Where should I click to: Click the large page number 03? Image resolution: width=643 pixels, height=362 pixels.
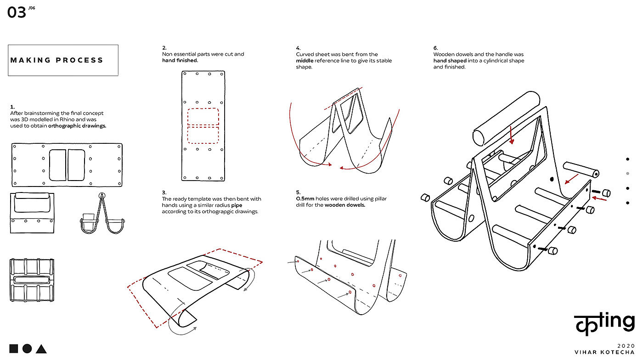click(17, 12)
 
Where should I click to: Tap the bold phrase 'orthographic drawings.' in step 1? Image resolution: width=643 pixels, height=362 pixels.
click(77, 126)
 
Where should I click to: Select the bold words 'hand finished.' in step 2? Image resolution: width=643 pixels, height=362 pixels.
click(180, 60)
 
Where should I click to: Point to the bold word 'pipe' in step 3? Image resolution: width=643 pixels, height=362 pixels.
click(237, 205)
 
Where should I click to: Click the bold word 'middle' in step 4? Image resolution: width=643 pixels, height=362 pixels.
click(305, 61)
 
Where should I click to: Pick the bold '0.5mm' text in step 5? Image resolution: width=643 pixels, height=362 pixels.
click(305, 198)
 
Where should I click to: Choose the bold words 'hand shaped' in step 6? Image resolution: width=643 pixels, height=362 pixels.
click(450, 61)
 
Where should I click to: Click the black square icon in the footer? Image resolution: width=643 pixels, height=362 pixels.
click(13, 349)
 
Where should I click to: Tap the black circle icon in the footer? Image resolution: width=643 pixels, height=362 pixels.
click(27, 349)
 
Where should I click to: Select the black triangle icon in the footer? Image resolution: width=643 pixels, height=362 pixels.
click(41, 349)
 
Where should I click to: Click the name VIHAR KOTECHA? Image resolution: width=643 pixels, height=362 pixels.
click(604, 352)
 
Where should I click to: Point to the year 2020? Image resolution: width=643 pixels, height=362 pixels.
click(626, 346)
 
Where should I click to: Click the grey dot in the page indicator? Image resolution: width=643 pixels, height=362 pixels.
click(627, 173)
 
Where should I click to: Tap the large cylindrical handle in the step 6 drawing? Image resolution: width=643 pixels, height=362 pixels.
click(506, 118)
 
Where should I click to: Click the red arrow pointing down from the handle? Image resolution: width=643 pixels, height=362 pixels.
click(511, 135)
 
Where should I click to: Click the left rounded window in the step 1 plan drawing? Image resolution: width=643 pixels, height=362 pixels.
click(57, 165)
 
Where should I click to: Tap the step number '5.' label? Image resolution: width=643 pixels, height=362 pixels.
click(298, 192)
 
